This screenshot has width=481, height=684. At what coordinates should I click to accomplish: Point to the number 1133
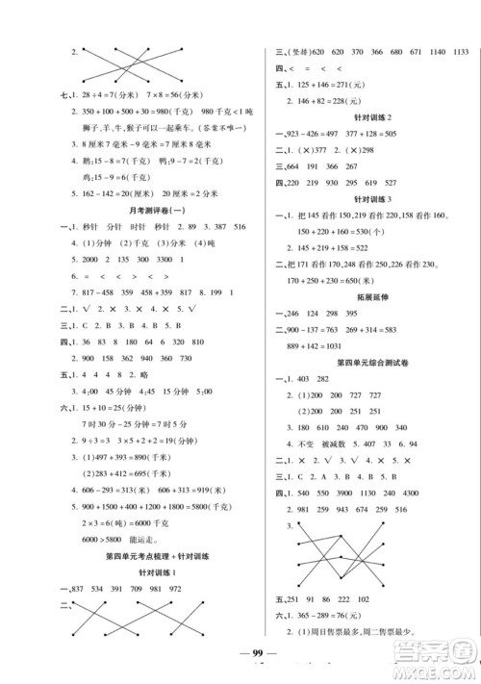click(463, 51)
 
